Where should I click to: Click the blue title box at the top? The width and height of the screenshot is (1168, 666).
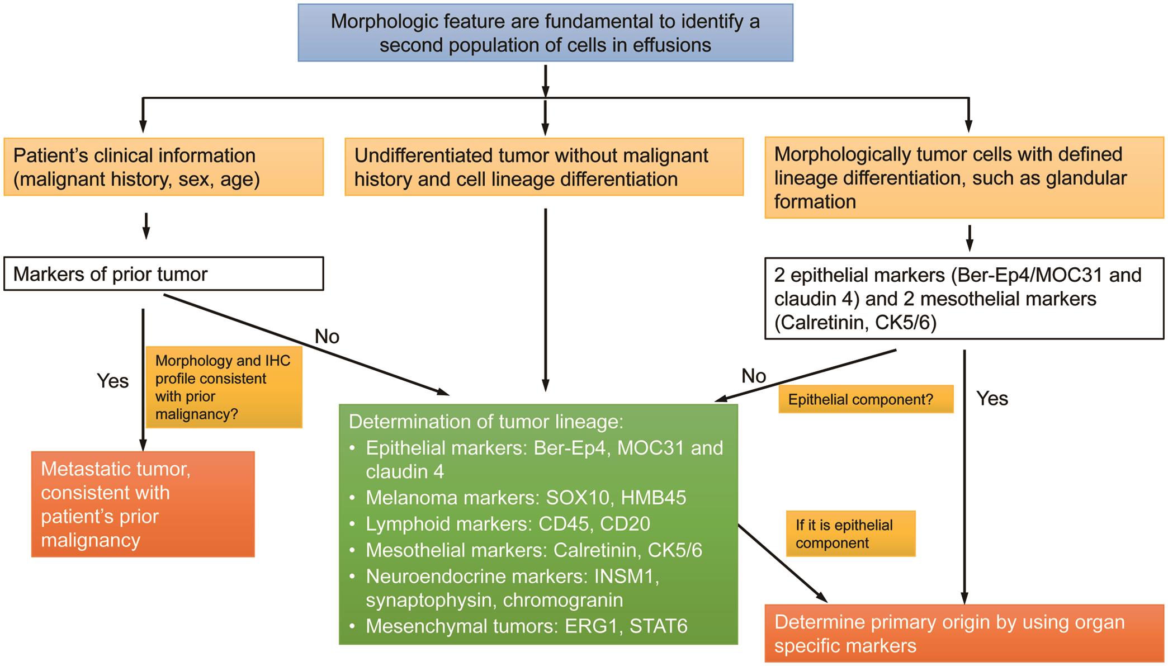click(545, 32)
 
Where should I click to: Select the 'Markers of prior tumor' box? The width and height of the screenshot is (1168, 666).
click(163, 274)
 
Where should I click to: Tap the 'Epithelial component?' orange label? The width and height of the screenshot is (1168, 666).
click(865, 399)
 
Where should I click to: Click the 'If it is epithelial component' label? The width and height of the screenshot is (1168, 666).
click(850, 533)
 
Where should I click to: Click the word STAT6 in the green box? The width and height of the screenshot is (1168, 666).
click(658, 626)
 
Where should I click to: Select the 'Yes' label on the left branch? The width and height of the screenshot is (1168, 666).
click(112, 381)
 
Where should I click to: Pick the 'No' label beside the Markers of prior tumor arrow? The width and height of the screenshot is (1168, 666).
click(327, 336)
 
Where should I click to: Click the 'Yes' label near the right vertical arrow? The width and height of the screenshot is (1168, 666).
click(992, 398)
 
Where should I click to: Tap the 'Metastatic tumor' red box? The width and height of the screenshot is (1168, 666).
click(143, 504)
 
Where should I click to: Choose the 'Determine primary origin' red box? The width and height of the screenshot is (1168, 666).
click(963, 633)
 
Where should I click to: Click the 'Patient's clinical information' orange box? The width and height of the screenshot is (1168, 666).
click(163, 167)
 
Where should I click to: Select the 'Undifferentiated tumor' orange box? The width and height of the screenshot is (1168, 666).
click(543, 167)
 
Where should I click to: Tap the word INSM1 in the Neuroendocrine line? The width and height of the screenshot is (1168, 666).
click(626, 576)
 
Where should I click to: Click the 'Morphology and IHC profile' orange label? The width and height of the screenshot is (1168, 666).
click(224, 387)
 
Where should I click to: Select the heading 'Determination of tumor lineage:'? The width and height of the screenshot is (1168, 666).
click(485, 421)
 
